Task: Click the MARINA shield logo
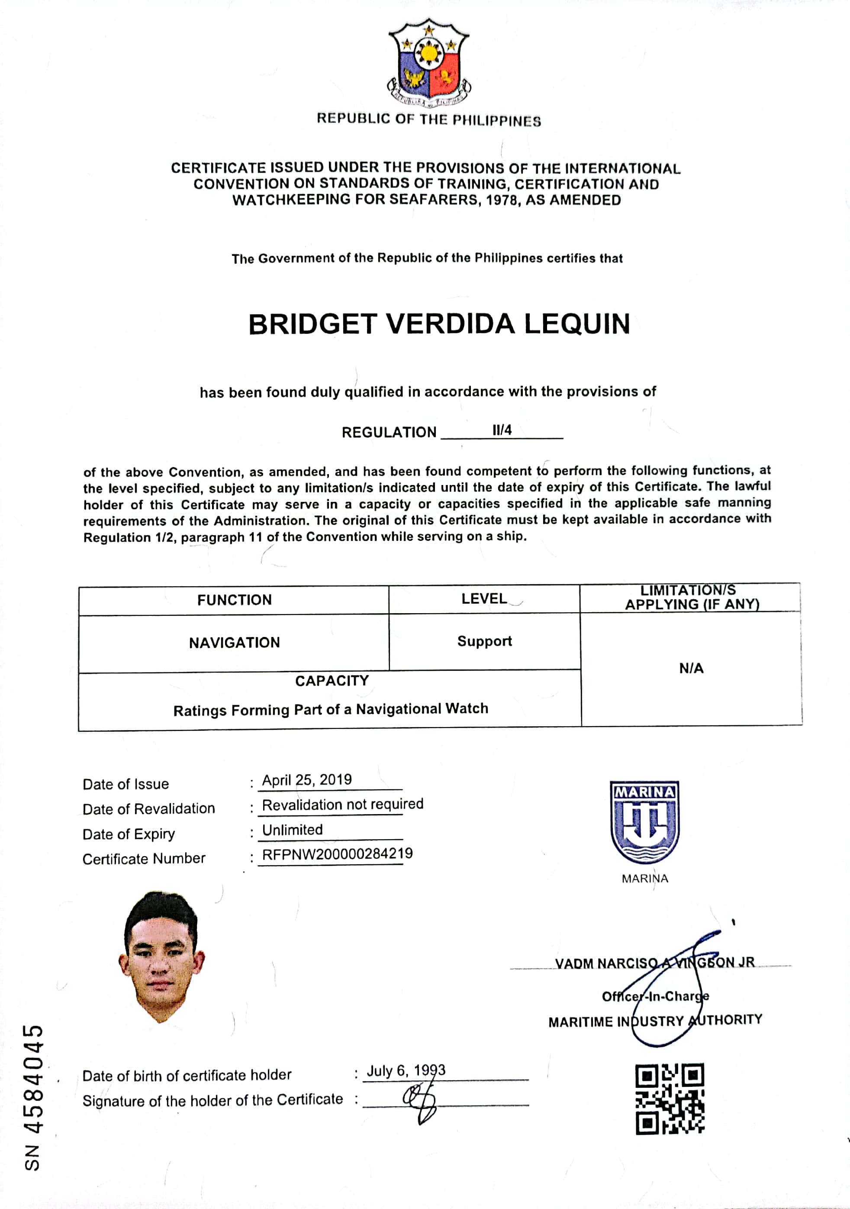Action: (645, 822)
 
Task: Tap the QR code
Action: (670, 1099)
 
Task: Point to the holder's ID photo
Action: (161, 956)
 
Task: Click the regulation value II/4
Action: (502, 430)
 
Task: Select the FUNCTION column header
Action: (234, 600)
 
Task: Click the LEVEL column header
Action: (484, 599)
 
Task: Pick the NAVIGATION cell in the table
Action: (234, 643)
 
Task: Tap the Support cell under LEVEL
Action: (484, 641)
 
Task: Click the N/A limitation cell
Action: (691, 669)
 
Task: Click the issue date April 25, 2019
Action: (307, 780)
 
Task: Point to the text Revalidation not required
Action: (343, 805)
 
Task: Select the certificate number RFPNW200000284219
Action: (338, 854)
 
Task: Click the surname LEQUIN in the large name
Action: (577, 324)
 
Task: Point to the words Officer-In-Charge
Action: (655, 996)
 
